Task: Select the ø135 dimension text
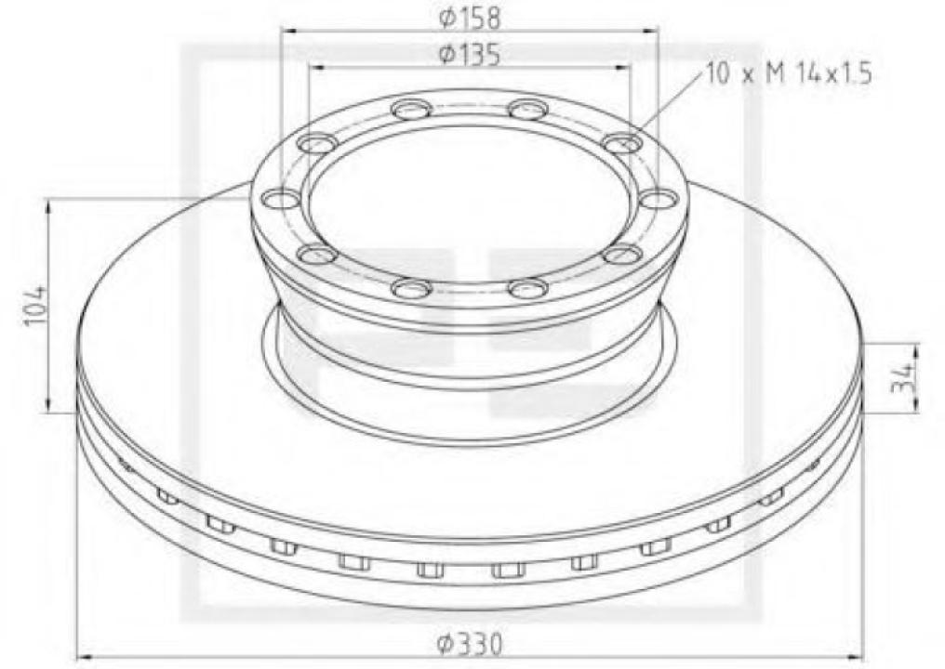coord(470,55)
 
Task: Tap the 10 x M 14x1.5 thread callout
coord(789,75)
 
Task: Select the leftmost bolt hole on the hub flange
coord(280,199)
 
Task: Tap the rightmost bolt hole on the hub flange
coord(659,199)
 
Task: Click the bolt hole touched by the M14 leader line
coord(622,143)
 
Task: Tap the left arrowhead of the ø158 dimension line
coord(286,31)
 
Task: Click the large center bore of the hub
coord(470,200)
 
